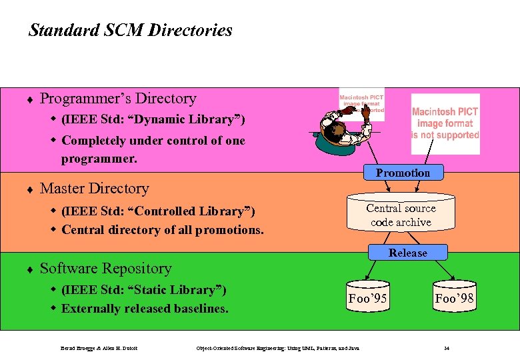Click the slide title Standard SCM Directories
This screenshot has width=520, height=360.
coord(131,30)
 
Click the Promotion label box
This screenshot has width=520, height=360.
coord(403,173)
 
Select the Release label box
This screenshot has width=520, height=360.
coord(407,253)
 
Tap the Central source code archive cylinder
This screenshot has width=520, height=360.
coord(401,215)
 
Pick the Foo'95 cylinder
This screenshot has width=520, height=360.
coord(367,298)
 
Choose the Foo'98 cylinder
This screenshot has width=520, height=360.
coord(454,298)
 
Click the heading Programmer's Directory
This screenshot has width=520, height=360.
coord(118,99)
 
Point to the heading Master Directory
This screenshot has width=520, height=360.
coord(94,189)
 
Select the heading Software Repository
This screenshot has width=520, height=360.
coord(105,269)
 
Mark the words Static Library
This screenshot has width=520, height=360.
coord(175,290)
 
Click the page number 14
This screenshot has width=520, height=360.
coord(447,348)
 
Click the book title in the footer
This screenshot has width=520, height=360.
coord(278,348)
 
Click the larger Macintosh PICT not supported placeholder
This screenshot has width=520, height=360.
coord(445,123)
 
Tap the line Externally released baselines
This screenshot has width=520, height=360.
coord(145,309)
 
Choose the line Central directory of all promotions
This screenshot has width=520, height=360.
coord(163,231)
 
